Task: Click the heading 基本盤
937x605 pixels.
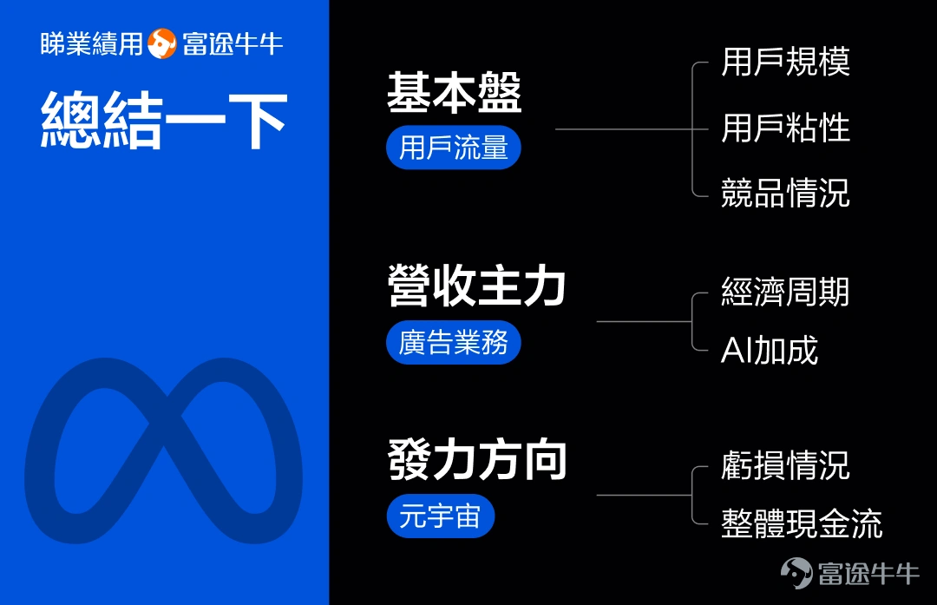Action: [454, 93]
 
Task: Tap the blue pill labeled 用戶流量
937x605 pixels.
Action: [454, 148]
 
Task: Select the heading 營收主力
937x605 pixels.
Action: [476, 286]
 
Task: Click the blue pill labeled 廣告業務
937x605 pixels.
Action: [454, 343]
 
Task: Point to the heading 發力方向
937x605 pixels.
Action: [477, 459]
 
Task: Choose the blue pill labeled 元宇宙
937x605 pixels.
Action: [441, 516]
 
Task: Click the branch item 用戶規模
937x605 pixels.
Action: [785, 62]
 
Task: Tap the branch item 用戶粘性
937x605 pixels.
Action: [785, 128]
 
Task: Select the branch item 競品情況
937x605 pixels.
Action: [785, 193]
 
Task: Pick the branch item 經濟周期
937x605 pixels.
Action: [785, 292]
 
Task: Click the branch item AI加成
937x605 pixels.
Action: [770, 351]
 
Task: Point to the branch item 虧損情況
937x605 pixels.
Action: [785, 465]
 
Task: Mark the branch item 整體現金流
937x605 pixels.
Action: [802, 523]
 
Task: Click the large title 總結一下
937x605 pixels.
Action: [164, 120]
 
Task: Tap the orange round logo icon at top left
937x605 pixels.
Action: [162, 43]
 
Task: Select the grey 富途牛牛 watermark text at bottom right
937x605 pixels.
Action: [868, 574]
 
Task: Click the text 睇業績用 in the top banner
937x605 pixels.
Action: [92, 43]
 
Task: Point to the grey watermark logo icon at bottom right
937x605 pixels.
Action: [796, 573]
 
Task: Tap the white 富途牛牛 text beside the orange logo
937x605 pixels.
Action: [233, 43]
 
